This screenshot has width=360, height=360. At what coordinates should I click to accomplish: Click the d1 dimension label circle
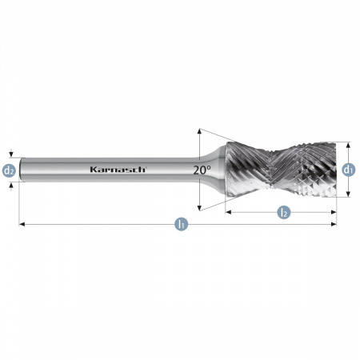tap(349, 170)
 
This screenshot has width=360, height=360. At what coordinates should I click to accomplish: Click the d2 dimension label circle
tap(9, 170)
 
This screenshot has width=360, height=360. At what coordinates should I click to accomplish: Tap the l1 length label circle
tap(182, 224)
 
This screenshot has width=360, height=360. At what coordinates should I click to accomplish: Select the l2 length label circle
tap(284, 212)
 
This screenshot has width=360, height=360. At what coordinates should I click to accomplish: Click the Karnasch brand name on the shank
tap(118, 170)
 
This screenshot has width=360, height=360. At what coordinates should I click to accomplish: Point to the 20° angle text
tap(202, 170)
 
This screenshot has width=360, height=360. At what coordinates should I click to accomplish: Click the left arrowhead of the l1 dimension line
tap(22, 224)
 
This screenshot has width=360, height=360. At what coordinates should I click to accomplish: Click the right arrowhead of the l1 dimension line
tap(334, 224)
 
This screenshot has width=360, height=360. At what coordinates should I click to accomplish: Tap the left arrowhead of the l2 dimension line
tap(228, 212)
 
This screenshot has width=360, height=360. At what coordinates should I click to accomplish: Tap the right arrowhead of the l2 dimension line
tap(334, 212)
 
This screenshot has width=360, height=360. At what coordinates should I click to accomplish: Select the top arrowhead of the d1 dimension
tap(348, 146)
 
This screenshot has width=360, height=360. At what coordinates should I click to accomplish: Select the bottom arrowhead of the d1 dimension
tap(348, 194)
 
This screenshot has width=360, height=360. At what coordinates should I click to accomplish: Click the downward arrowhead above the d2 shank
tap(11, 154)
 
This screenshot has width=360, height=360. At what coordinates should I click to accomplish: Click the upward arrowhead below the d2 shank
tap(11, 185)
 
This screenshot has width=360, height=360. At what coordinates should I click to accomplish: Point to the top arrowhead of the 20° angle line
tap(199, 131)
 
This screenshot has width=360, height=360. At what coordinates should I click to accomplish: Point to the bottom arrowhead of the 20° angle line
tap(199, 208)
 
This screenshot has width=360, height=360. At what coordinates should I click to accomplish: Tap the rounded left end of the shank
tap(22, 170)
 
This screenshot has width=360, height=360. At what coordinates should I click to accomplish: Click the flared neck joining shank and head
tap(214, 170)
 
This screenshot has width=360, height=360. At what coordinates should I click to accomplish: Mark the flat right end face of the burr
tap(334, 170)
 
